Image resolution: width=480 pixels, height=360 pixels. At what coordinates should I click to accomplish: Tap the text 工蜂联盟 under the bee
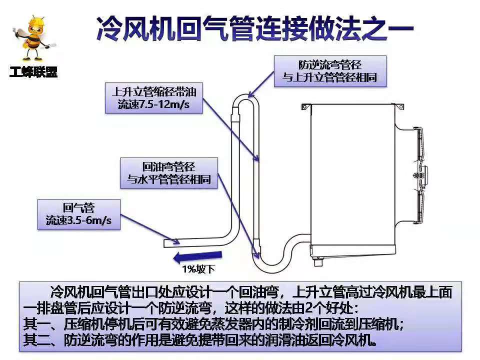click(33, 72)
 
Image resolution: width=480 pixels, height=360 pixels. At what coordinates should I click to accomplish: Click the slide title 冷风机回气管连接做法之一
click(254, 28)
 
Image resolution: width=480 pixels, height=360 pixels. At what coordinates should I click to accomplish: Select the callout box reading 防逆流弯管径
click(330, 71)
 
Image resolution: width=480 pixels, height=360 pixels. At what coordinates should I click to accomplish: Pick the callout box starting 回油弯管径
click(168, 173)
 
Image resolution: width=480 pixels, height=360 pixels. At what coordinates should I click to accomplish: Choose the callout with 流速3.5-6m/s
click(79, 214)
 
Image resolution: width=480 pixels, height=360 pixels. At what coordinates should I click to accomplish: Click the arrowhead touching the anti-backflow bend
click(251, 93)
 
